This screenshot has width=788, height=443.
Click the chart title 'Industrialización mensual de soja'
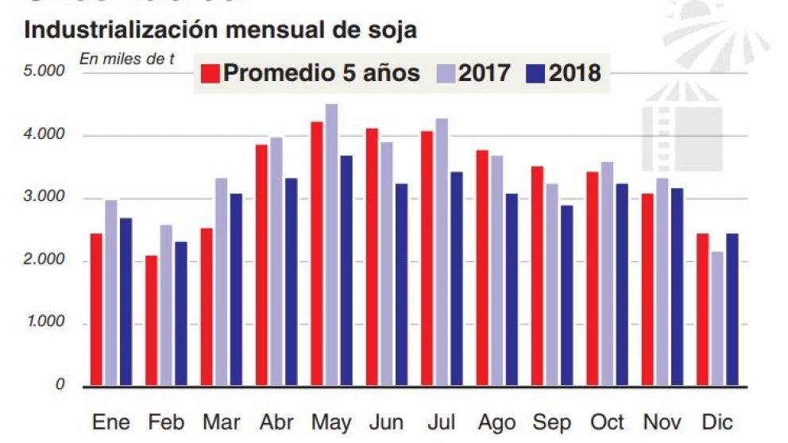(x=221, y=31)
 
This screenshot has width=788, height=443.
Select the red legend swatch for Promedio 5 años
(x=210, y=73)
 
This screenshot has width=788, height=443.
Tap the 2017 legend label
(x=484, y=73)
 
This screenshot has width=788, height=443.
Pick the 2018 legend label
(x=574, y=73)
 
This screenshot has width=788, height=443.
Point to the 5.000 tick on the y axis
(x=44, y=72)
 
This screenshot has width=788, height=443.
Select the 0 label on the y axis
(x=59, y=385)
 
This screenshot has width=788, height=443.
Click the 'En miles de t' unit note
(x=126, y=58)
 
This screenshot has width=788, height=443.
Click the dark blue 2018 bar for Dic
(x=732, y=310)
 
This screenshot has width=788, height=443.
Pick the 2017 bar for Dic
(x=717, y=318)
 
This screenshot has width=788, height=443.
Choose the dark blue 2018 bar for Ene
(x=125, y=302)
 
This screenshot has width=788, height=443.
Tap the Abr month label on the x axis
(x=276, y=422)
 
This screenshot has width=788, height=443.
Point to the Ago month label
(x=496, y=422)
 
